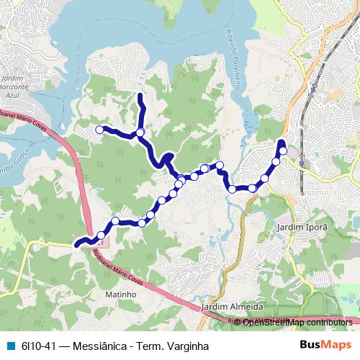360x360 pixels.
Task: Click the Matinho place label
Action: (x=121, y=294)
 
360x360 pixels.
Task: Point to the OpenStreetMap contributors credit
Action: (x=297, y=322)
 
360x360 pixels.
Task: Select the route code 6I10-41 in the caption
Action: (x=38, y=346)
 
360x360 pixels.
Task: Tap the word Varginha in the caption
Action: (x=185, y=346)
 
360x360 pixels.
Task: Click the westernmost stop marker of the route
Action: (x=99, y=130)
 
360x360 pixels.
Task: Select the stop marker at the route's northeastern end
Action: (x=283, y=150)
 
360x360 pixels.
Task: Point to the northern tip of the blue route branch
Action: (x=139, y=94)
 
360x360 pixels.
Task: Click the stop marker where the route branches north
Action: (x=140, y=132)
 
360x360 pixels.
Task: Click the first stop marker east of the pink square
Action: (x=102, y=235)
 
